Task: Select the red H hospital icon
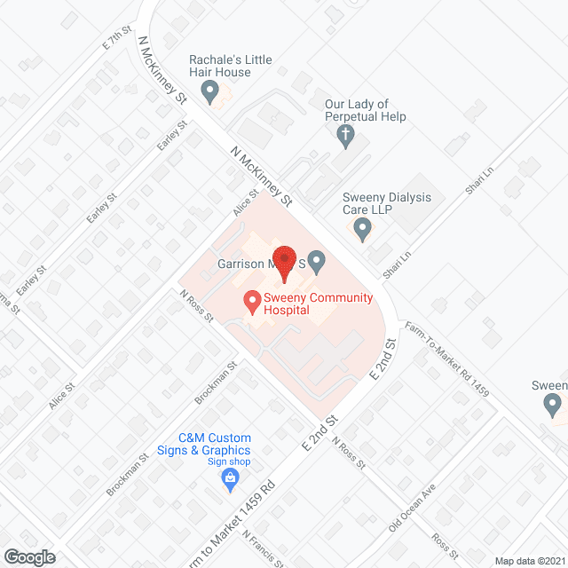coord(252,304)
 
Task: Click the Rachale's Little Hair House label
coord(230,66)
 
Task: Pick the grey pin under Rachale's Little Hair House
coord(210,90)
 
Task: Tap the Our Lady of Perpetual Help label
coord(365,111)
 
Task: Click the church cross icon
coord(345,135)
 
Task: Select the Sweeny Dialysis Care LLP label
coord(387,204)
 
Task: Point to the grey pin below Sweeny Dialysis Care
coord(362,230)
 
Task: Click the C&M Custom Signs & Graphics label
coord(215,444)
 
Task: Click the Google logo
coord(28,556)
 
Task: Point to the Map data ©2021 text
coord(530,560)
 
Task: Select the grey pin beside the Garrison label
coord(317,263)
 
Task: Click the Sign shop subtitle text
coord(230,461)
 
